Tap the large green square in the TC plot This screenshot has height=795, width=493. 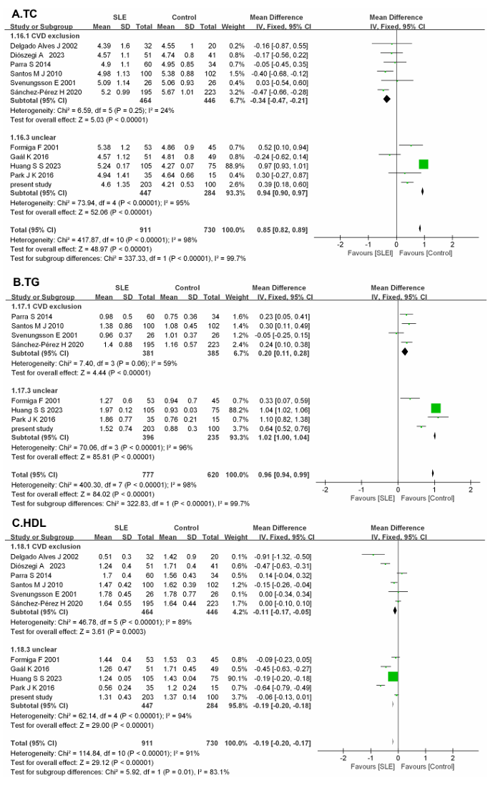click(424, 164)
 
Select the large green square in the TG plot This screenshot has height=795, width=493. click(436, 408)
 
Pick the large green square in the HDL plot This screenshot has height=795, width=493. click(392, 676)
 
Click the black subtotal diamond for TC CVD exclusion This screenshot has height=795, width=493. click(387, 100)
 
